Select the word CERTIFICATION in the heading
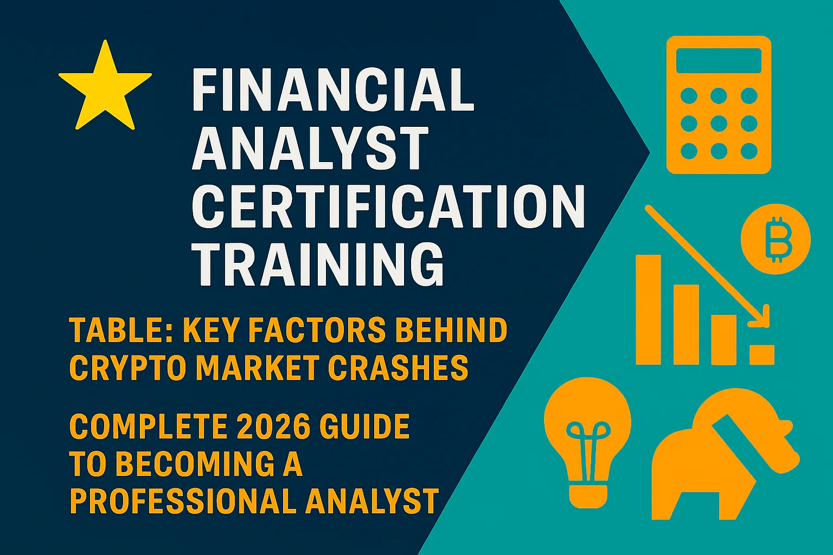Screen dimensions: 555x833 pyautogui.click(x=388, y=207)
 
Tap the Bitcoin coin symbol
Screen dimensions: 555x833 pyautogui.click(x=776, y=238)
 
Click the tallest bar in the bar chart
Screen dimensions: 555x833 pyautogui.click(x=649, y=309)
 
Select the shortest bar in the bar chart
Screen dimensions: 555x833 pyautogui.click(x=762, y=354)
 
